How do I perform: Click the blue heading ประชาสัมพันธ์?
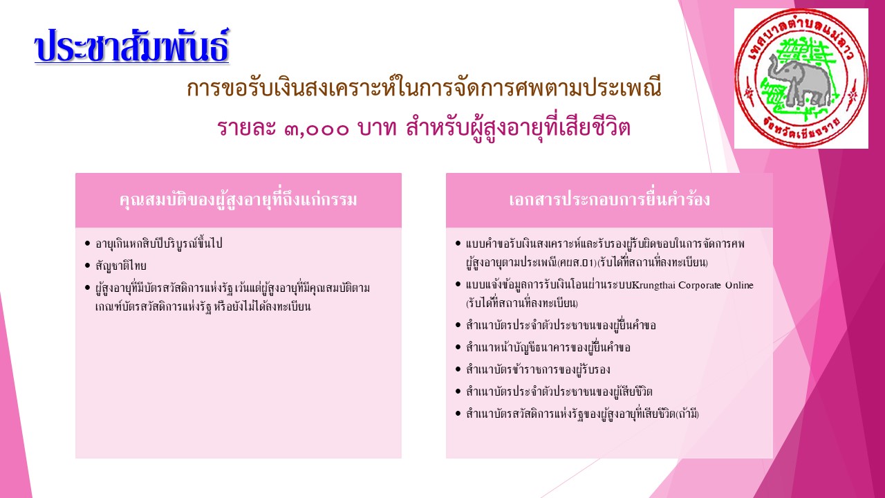pyautogui.click(x=131, y=46)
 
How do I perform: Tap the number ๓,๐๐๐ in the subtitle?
pyautogui.click(x=317, y=128)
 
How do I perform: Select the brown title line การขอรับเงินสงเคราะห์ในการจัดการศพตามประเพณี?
pyautogui.click(x=424, y=88)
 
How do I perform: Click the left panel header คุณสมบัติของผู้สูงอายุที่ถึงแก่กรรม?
pyautogui.click(x=239, y=200)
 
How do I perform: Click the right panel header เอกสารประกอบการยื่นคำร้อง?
pyautogui.click(x=609, y=200)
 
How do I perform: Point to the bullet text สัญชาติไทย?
pyautogui.click(x=121, y=266)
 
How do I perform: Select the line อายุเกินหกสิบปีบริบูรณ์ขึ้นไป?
pyautogui.click(x=159, y=243)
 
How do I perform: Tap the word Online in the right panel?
pyautogui.click(x=739, y=285)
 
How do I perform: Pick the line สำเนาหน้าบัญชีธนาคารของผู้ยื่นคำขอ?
pyautogui.click(x=548, y=347)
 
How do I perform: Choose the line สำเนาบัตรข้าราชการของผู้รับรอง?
pyautogui.click(x=538, y=369)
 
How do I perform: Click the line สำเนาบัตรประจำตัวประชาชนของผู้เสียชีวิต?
pyautogui.click(x=559, y=391)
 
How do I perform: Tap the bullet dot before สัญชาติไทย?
pyautogui.click(x=87, y=266)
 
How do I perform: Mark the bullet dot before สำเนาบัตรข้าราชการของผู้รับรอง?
pyautogui.click(x=458, y=369)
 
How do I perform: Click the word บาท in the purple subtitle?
pyautogui.click(x=377, y=128)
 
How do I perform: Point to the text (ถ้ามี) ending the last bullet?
pyautogui.click(x=687, y=414)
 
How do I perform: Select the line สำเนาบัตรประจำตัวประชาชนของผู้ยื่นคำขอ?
pyautogui.click(x=561, y=325)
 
